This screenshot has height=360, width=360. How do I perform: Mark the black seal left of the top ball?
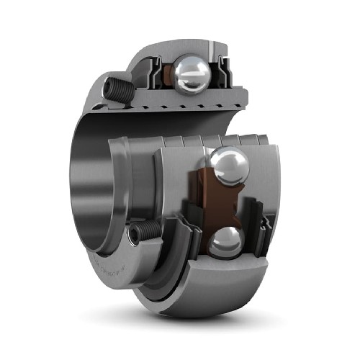(x=156, y=74)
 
